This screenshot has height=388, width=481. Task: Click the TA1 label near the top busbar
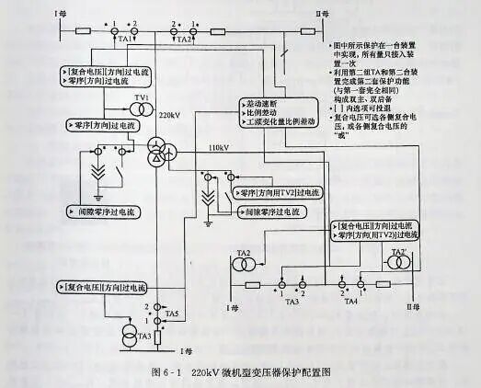click(125, 40)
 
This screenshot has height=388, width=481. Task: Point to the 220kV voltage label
click(169, 118)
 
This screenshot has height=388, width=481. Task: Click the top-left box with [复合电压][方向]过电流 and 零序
click(111, 75)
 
